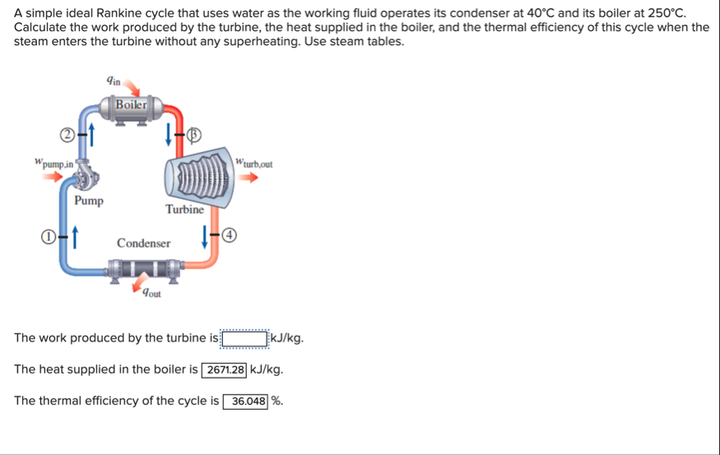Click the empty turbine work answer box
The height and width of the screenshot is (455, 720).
point(246,338)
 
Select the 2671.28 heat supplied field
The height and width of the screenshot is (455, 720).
point(225,369)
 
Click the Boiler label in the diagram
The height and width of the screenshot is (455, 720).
point(131,104)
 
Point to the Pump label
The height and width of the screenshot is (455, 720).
point(89,201)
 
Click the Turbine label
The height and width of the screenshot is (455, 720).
point(184,210)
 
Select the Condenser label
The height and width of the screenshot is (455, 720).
point(144,244)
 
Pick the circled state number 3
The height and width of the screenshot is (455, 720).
point(195,133)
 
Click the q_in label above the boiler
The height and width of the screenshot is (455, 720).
point(114,80)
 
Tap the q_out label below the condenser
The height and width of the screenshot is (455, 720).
point(151,291)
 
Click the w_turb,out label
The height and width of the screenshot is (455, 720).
point(253,162)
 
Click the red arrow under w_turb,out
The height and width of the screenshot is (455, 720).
point(258,176)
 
